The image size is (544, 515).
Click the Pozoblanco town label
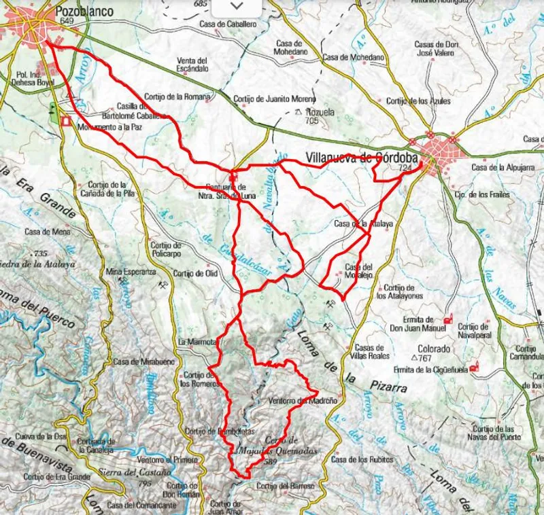point(84,12)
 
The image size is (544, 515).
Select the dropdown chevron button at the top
point(236,5)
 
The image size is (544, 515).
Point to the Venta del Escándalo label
point(192,64)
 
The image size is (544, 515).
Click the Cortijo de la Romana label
point(177,96)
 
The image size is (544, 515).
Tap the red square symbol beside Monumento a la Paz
point(66,122)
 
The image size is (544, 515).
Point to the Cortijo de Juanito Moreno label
point(275,99)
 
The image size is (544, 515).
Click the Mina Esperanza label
point(131,272)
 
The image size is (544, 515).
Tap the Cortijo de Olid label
point(195,273)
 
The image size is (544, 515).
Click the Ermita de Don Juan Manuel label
point(418,323)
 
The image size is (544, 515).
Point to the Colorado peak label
point(434,349)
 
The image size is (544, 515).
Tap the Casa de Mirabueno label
point(135,361)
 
